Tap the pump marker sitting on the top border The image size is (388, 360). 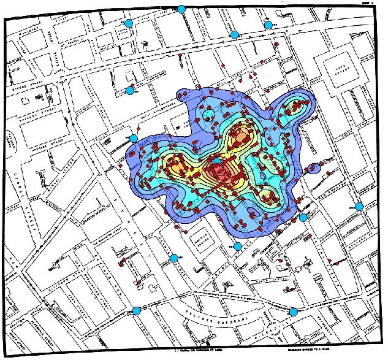pyautogui.click(x=181, y=9)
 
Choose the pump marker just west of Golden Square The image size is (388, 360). pyautogui.click(x=173, y=258)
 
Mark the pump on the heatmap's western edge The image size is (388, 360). pyautogui.click(x=133, y=137)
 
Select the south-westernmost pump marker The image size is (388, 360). pyautogui.click(x=137, y=311)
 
